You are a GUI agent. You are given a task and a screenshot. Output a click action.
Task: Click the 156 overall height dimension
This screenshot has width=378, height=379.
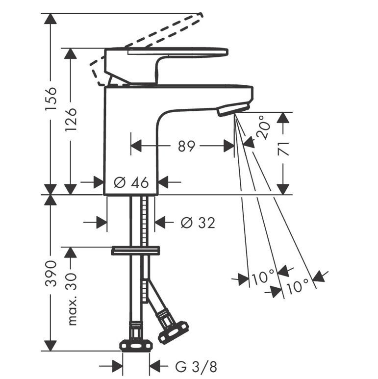pyautogui.click(x=51, y=99)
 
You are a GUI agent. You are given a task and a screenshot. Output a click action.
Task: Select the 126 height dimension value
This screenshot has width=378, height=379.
pyautogui.click(x=71, y=120)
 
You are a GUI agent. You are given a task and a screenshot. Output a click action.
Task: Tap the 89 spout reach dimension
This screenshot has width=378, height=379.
pyautogui.click(x=186, y=146)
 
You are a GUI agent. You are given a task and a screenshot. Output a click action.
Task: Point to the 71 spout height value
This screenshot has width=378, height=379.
pyautogui.click(x=283, y=149)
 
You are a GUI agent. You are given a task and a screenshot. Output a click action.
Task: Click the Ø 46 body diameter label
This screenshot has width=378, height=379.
pyautogui.click(x=131, y=182)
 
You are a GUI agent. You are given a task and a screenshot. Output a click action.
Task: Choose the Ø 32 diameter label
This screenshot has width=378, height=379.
pyautogui.click(x=198, y=223)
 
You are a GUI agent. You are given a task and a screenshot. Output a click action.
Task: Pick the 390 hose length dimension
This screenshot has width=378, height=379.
pyautogui.click(x=51, y=273)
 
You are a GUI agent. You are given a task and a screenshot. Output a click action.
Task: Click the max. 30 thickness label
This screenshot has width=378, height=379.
pyautogui.click(x=71, y=300)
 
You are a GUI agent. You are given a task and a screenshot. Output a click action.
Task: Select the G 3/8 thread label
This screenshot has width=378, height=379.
pyautogui.click(x=196, y=367)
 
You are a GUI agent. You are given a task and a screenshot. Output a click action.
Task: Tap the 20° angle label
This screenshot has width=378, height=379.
pyautogui.click(x=263, y=127)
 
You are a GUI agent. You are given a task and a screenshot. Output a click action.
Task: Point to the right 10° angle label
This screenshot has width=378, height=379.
pyautogui.click(x=298, y=286)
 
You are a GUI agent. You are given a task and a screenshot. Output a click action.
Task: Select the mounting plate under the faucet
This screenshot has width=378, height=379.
pyautogui.click(x=135, y=251)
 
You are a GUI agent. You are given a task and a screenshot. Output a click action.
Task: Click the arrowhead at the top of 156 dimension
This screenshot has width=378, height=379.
pyautogui.click(x=50, y=19)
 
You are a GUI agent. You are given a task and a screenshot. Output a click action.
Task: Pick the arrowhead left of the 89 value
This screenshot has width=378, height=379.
pyautogui.click(x=136, y=146)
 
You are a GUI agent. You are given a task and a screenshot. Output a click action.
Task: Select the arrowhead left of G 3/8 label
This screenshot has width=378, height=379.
pyautogui.click(x=117, y=366)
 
